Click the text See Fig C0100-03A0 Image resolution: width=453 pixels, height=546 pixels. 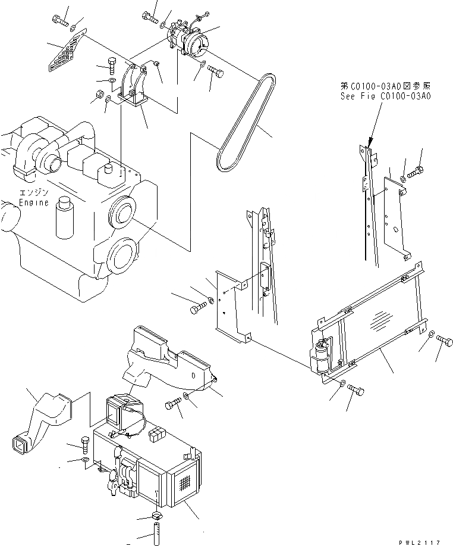pyautogui.click(x=386, y=95)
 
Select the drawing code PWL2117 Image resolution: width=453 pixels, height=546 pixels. pyautogui.click(x=420, y=541)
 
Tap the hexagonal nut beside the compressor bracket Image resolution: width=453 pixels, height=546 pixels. pyautogui.click(x=100, y=94)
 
